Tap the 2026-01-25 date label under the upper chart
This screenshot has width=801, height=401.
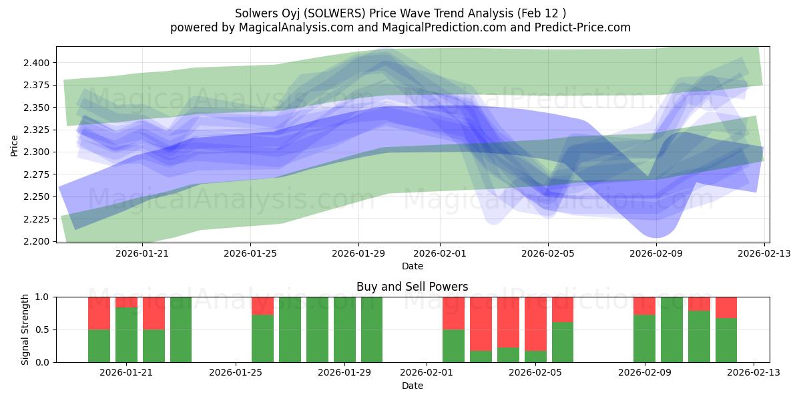[x=250, y=253]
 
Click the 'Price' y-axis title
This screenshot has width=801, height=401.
[x=14, y=144]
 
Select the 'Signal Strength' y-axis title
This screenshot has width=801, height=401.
[x=25, y=329]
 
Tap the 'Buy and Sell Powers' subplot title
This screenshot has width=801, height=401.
[x=412, y=287]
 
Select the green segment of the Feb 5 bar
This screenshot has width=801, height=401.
[x=535, y=356]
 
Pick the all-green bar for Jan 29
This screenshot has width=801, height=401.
[x=344, y=329]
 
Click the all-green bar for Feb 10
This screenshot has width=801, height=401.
[x=672, y=329]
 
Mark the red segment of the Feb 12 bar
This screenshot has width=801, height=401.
[x=726, y=307]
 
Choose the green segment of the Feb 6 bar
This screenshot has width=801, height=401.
[x=563, y=342]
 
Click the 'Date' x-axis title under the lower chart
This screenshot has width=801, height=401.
[x=412, y=386]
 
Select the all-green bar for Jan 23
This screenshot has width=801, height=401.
[x=181, y=329]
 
